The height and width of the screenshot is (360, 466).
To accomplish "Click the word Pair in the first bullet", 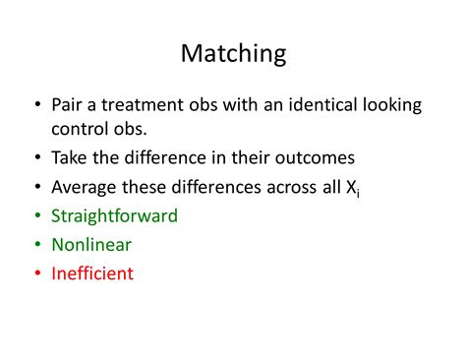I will tap(68, 104).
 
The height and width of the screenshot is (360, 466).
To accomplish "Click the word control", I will tap(82, 129).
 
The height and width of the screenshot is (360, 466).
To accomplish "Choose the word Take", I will tap(70, 157).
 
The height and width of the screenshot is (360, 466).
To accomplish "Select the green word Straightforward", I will tap(114, 215).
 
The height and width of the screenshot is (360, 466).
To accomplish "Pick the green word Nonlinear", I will tap(91, 244).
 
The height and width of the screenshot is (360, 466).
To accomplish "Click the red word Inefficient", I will tap(92, 272).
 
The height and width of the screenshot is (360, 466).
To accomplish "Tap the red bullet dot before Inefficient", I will tap(37, 273).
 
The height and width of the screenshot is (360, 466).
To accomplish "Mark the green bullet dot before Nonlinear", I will tap(37, 245).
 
